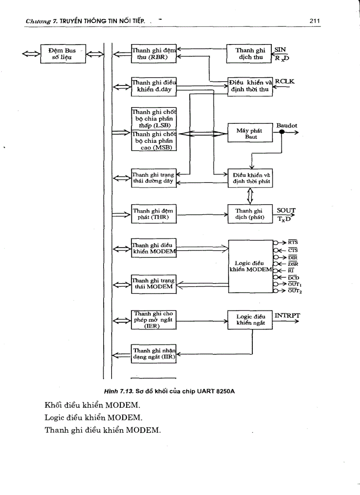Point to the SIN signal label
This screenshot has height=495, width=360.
[x=281, y=50]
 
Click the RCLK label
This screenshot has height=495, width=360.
[x=284, y=81]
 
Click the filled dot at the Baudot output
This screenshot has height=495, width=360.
[x=281, y=133]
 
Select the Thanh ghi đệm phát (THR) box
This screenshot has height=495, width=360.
[x=154, y=215]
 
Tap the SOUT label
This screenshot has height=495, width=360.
[x=286, y=211]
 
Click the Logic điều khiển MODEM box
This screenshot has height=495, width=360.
[x=250, y=266]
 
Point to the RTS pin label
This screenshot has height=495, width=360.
[x=293, y=242]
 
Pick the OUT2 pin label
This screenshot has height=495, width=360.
[x=295, y=291]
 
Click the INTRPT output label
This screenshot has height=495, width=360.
[x=287, y=316]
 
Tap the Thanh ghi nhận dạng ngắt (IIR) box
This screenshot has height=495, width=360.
[x=154, y=354]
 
